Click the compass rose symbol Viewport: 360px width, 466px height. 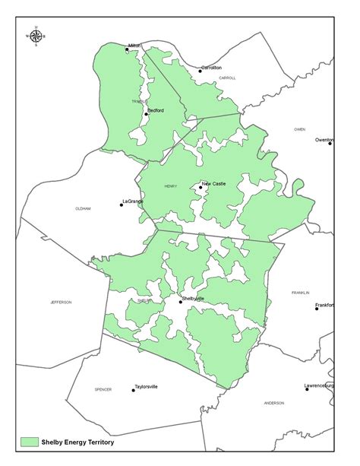pyautogui.click(x=36, y=36)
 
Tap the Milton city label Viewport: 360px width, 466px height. pyautogui.click(x=135, y=46)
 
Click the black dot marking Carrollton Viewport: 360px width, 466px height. pyautogui.click(x=201, y=71)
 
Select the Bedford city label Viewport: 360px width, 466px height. pyautogui.click(x=155, y=110)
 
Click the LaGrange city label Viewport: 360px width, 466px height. pyautogui.click(x=132, y=201)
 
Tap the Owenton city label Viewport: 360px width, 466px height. pyautogui.click(x=324, y=139)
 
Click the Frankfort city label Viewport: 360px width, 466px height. pyautogui.click(x=327, y=303)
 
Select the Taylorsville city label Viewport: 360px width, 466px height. pyautogui.click(x=147, y=386)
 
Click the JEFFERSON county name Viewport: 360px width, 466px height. pyautogui.click(x=61, y=302)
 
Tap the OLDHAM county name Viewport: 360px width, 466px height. pyautogui.click(x=83, y=208)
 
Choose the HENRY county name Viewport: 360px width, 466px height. pyautogui.click(x=170, y=185)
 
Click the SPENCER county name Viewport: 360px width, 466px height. pyautogui.click(x=103, y=389)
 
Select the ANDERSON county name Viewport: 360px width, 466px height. pyautogui.click(x=274, y=402)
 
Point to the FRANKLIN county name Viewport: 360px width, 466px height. pyautogui.click(x=301, y=293)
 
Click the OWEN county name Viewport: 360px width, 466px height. pyautogui.click(x=300, y=129)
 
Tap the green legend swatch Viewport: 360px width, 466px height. pyautogui.click(x=30, y=441)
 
